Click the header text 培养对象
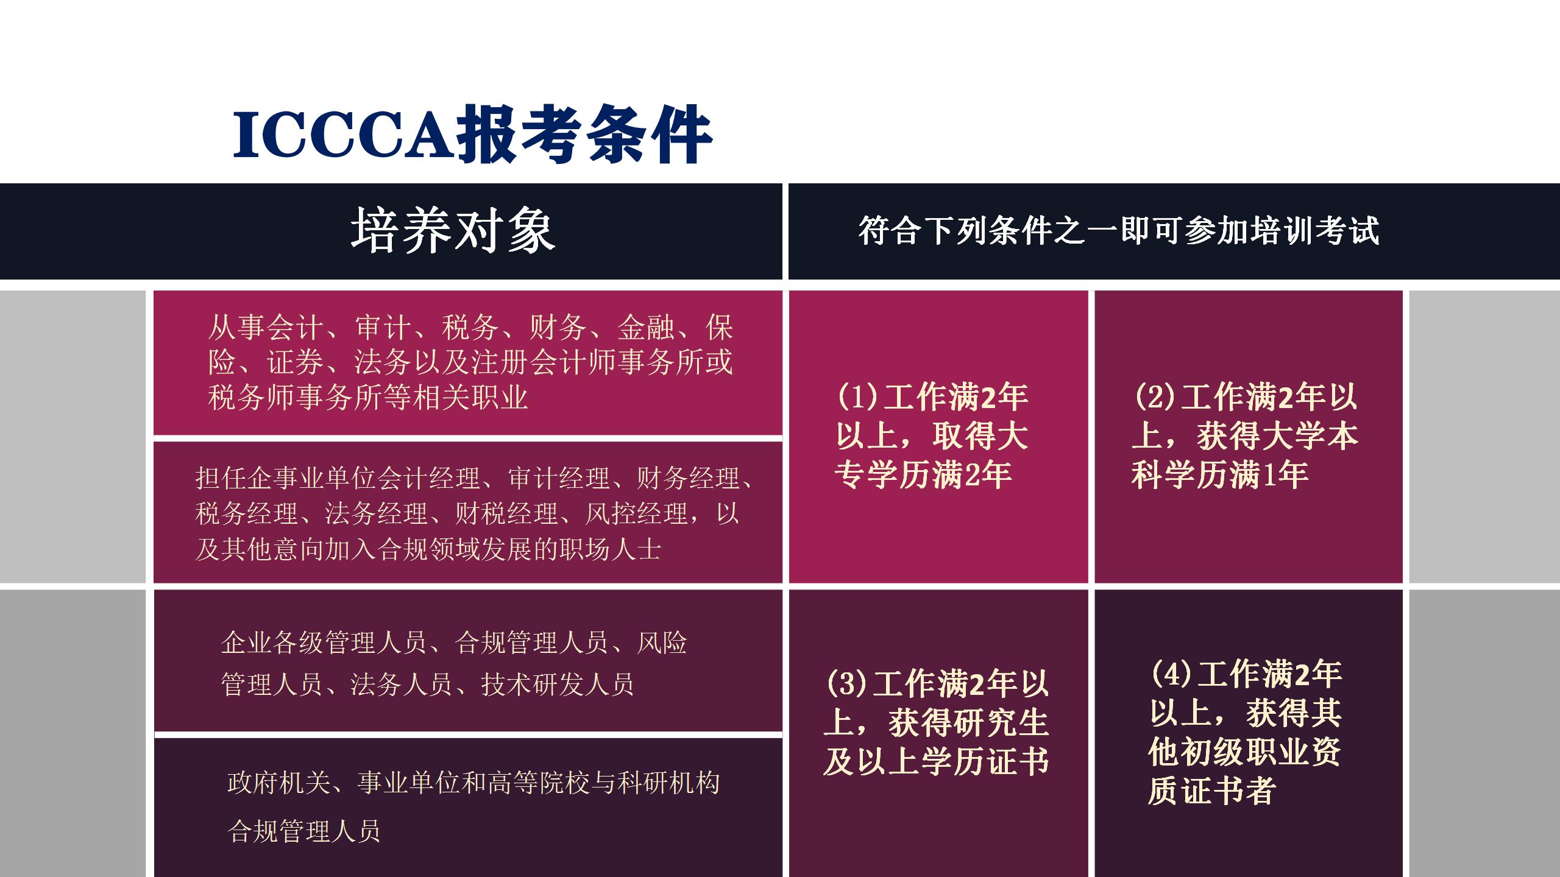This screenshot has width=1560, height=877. coord(452,231)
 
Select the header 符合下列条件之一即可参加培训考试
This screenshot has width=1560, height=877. coord(1118,231)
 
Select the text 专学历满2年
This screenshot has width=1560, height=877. coord(923,475)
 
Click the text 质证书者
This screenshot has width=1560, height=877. coord(1211,791)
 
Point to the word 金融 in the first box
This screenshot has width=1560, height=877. coord(646,328)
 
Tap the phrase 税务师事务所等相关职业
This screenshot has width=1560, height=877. coord(367,398)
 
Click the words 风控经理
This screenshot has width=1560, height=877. coord(636,514)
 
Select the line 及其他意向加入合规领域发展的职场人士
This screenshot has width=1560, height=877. coord(428,549)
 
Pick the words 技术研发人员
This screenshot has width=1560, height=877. coord(558,685)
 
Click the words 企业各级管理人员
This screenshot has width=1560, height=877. coord(324,643)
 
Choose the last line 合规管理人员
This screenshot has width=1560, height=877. coord(304,831)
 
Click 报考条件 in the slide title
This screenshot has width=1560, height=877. coord(584,135)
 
